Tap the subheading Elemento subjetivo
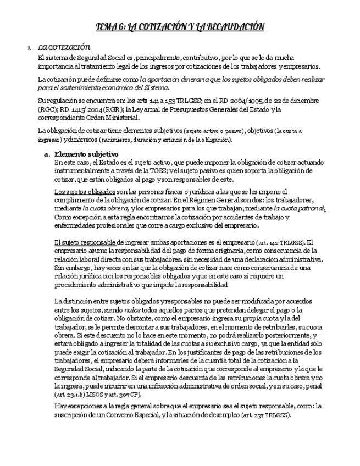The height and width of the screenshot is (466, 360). (87, 154)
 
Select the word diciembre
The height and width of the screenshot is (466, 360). (302, 101)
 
